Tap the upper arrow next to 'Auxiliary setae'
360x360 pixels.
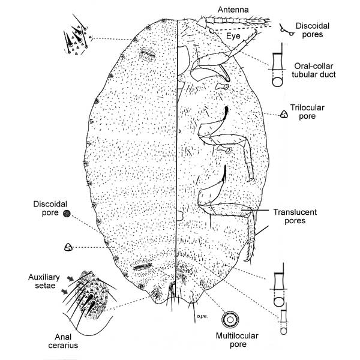69,278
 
